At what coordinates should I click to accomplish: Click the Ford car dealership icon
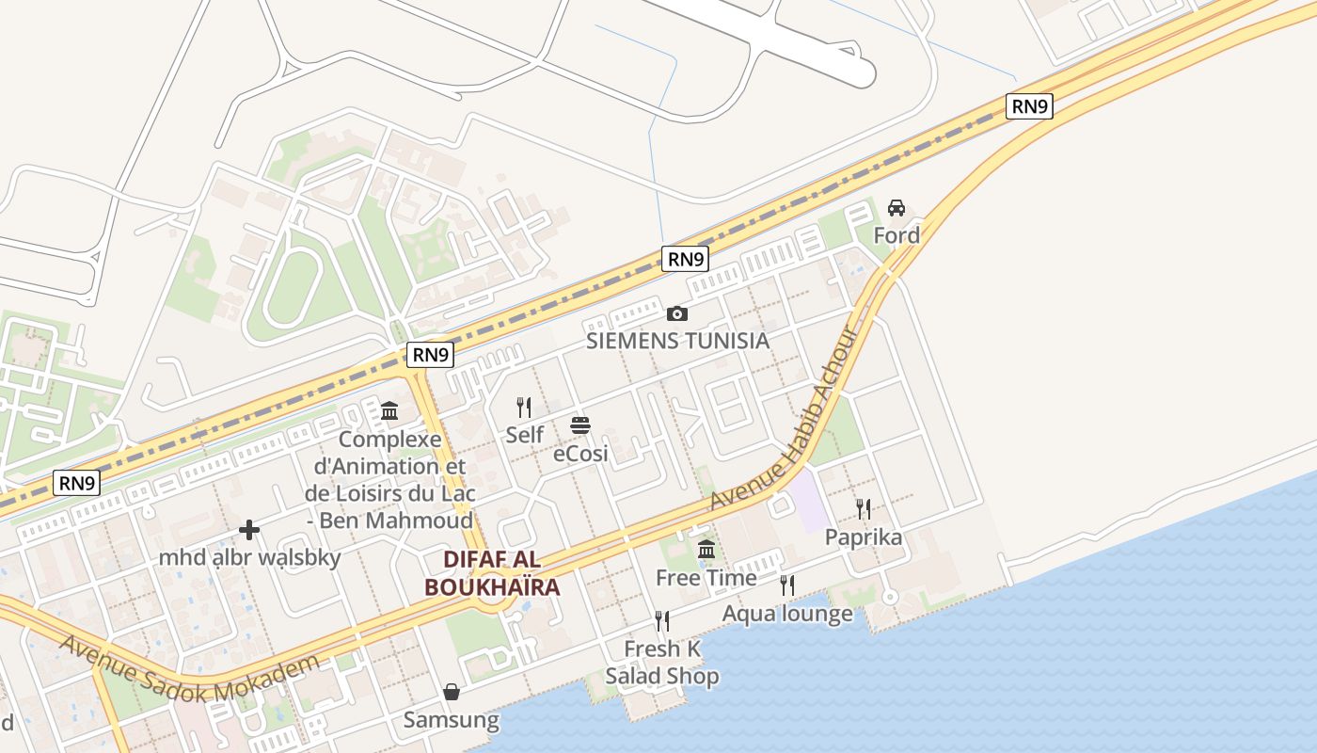tap(897, 208)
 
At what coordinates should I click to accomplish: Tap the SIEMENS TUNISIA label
tap(677, 341)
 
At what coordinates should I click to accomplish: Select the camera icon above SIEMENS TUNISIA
tap(676, 313)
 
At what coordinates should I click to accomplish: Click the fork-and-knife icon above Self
tap(524, 408)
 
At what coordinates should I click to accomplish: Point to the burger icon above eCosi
tap(579, 425)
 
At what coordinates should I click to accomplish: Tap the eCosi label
tap(580, 454)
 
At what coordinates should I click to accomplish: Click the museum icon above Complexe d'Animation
tap(389, 411)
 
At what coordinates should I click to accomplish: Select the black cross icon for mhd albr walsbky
tap(249, 531)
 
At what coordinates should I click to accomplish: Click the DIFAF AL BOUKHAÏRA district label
tap(492, 573)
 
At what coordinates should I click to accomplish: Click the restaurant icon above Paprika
tap(864, 509)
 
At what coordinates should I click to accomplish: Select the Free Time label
tap(706, 577)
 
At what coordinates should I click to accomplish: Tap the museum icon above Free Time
tap(706, 549)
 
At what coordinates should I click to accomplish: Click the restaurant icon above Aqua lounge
tap(787, 585)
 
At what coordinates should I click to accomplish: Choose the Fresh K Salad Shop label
tap(662, 663)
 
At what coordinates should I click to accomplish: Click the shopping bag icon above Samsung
tap(452, 693)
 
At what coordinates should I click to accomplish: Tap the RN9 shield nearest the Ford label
tap(1029, 106)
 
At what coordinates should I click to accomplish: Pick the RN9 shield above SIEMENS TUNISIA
tap(684, 259)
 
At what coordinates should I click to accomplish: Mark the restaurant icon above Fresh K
tap(662, 621)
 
